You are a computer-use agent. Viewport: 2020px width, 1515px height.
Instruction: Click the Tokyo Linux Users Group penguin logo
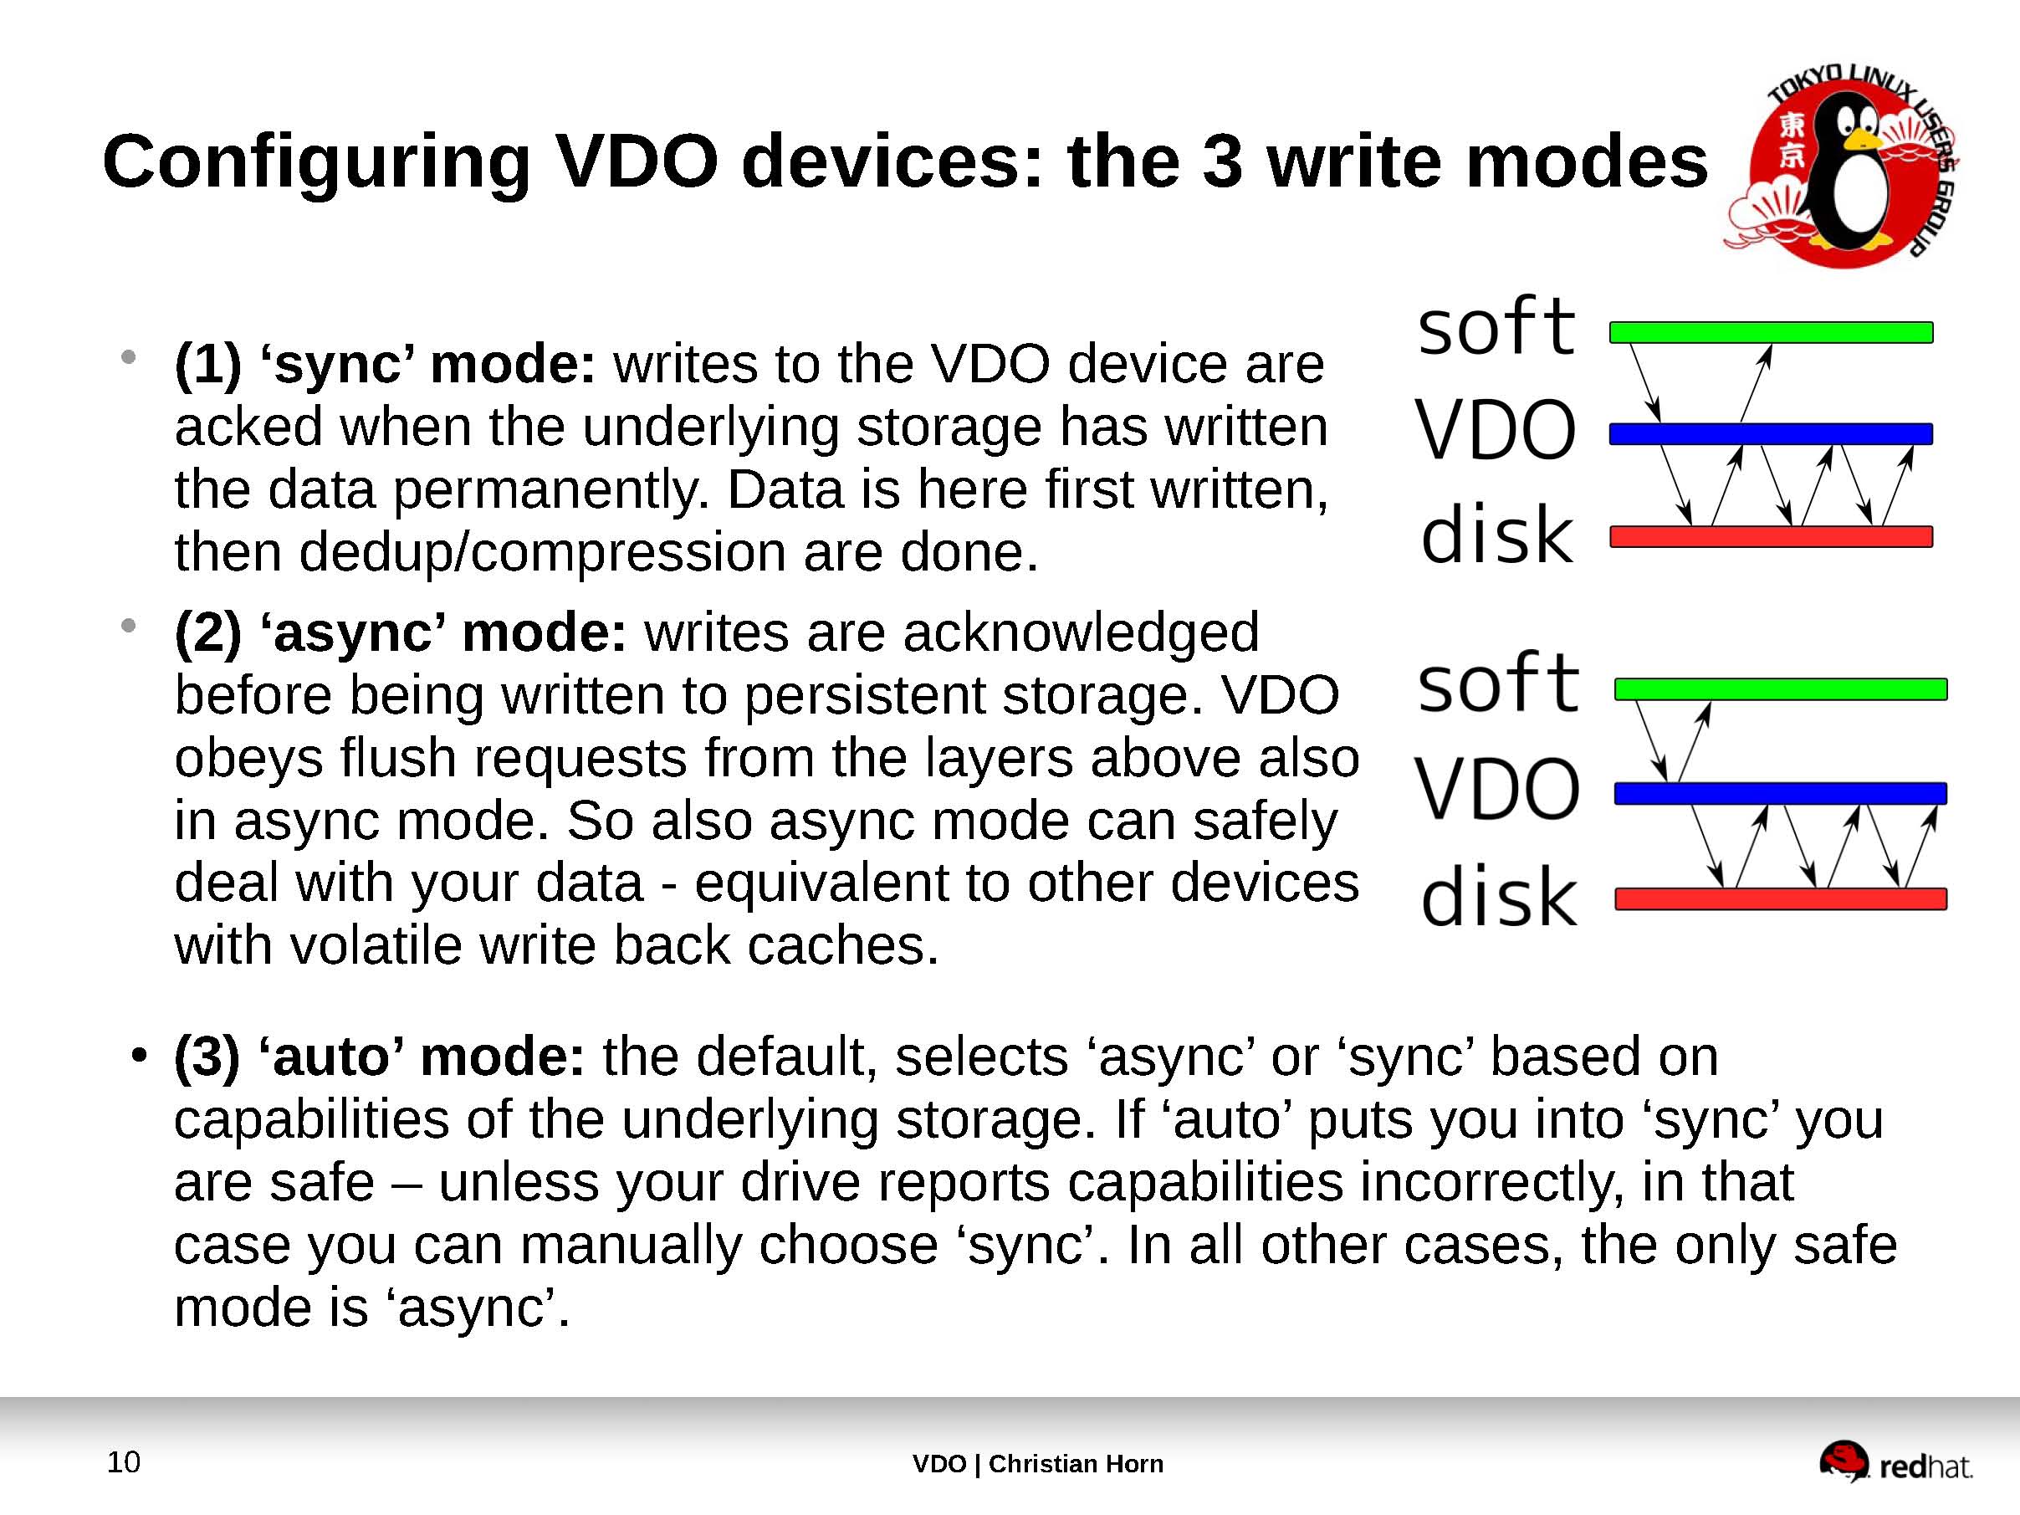point(1841,168)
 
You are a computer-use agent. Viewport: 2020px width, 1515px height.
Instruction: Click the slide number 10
point(123,1462)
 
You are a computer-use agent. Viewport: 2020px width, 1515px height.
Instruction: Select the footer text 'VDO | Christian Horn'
point(1037,1464)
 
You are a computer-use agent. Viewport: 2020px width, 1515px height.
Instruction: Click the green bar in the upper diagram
point(1771,332)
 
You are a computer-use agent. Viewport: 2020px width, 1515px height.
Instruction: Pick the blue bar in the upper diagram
point(1771,434)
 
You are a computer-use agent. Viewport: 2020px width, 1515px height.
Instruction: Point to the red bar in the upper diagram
point(1771,536)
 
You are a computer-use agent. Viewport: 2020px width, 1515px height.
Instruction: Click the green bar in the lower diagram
point(1780,689)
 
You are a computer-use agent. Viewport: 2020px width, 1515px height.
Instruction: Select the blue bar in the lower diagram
point(1780,793)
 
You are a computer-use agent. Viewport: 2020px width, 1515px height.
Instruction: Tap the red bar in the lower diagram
point(1780,898)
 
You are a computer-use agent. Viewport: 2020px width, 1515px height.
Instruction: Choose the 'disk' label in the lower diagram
point(1499,897)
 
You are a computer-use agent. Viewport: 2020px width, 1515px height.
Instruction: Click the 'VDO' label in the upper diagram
point(1496,430)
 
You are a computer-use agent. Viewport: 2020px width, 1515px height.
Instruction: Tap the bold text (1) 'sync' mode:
point(385,365)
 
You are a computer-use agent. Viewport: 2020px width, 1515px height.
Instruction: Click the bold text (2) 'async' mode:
point(400,632)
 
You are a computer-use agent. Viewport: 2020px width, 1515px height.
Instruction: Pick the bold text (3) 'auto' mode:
point(379,1057)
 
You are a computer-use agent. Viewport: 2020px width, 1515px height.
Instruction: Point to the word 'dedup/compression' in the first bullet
point(543,552)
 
